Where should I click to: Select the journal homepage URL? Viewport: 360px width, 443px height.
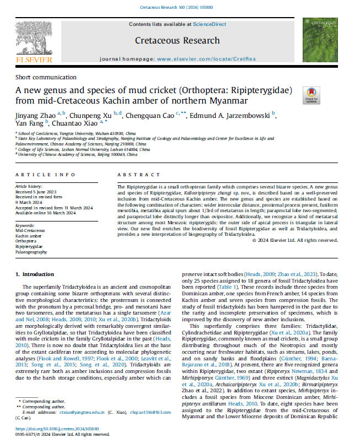[x=205, y=58]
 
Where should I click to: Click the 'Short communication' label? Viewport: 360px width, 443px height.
[x=46, y=77]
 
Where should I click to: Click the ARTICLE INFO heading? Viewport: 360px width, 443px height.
[x=41, y=175]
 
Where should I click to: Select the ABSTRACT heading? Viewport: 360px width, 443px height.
[x=132, y=175]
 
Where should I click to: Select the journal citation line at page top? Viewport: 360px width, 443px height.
[x=179, y=7]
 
